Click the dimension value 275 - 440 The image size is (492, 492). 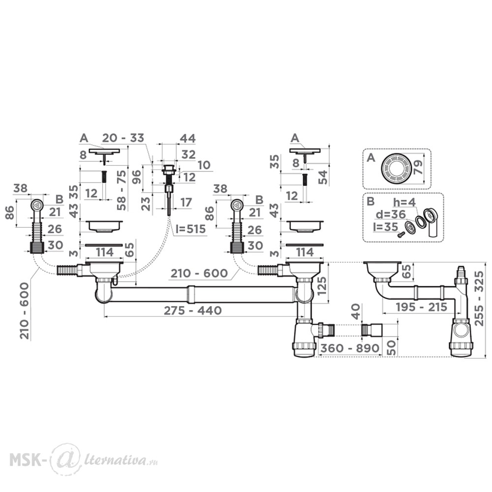[x=193, y=310]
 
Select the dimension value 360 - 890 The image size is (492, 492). [x=349, y=348]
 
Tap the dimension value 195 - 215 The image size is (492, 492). [x=422, y=307]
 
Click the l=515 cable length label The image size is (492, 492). [x=190, y=229]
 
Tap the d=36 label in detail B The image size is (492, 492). [x=390, y=215]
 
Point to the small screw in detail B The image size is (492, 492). [x=400, y=234]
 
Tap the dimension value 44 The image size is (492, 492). [x=187, y=138]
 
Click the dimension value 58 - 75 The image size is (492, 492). [x=122, y=190]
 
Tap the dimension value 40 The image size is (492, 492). [x=357, y=311]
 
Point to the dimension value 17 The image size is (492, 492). [x=186, y=202]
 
